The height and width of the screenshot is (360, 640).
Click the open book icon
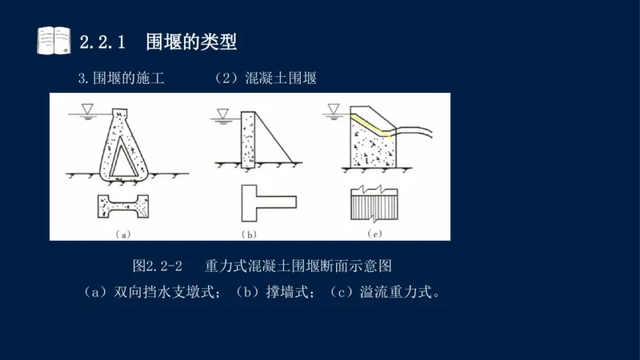(x=54, y=40)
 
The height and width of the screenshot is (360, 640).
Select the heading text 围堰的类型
(x=191, y=40)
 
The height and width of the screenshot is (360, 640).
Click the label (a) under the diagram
(x=123, y=234)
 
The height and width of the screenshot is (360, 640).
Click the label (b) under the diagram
(x=249, y=234)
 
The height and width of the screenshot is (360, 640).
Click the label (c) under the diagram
(x=374, y=234)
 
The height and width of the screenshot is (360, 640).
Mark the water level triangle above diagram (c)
(x=334, y=108)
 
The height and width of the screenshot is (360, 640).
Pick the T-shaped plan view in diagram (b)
(x=264, y=204)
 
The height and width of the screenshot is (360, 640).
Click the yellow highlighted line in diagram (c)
(x=372, y=126)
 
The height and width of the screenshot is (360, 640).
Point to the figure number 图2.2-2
(x=158, y=265)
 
